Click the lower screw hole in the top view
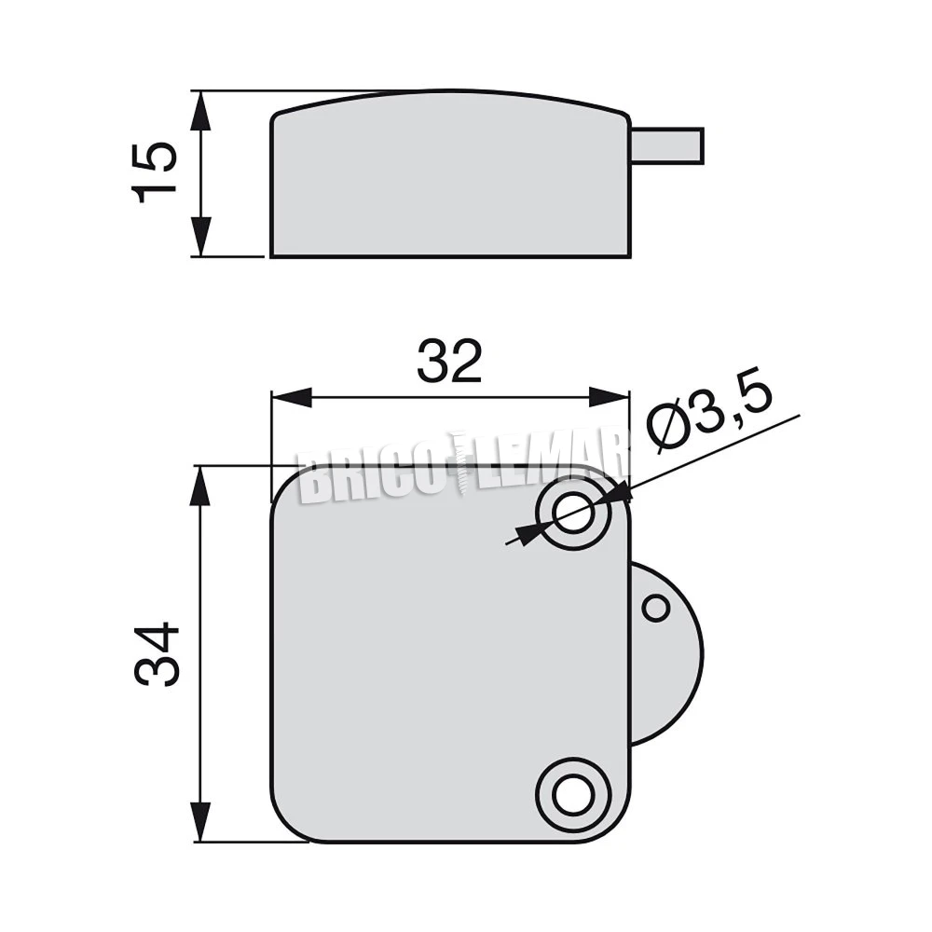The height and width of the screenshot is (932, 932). (x=572, y=794)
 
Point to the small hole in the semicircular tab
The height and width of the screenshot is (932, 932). (x=656, y=609)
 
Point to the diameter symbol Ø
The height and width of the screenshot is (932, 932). (x=669, y=431)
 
